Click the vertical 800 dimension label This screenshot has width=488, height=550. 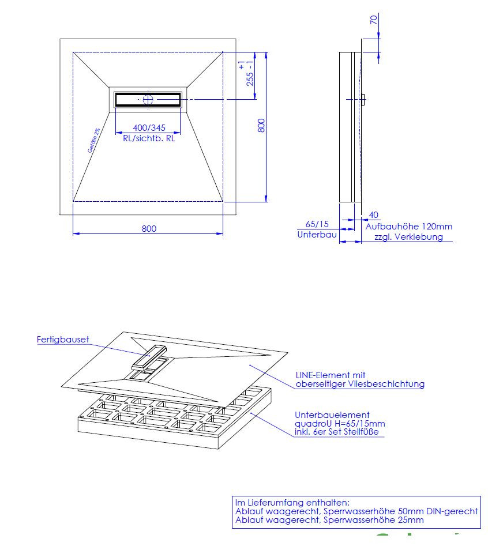(x=261, y=126)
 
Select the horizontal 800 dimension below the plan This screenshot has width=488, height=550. (x=149, y=228)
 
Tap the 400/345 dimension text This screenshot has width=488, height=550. (x=149, y=128)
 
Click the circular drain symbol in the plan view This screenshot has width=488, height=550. (x=148, y=100)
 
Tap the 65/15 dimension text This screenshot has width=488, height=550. (x=317, y=225)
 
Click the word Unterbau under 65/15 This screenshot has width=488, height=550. (x=317, y=235)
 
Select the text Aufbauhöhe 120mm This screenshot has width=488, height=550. (x=409, y=227)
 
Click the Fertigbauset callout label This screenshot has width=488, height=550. (x=63, y=340)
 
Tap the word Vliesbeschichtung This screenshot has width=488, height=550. (x=392, y=384)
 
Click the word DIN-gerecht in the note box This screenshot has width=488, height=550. (x=452, y=511)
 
